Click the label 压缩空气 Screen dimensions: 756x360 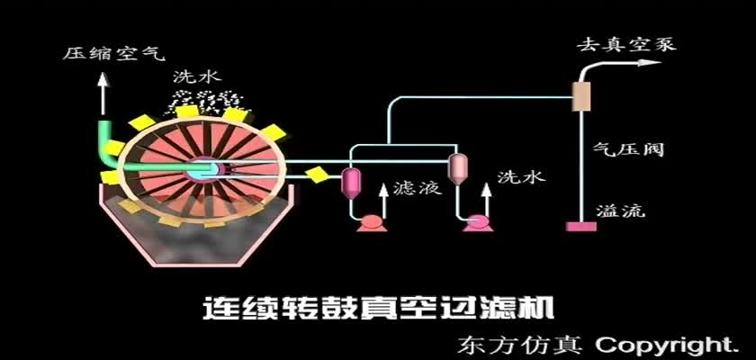point(113,52)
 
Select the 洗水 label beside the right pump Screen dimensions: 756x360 point(521,177)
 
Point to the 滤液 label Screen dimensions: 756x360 point(418,187)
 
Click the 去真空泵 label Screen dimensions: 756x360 point(626,44)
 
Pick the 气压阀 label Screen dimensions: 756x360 point(629,148)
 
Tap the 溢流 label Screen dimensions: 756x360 point(621,211)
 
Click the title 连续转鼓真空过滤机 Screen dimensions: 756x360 point(378,309)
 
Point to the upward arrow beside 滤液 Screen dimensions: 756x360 point(383,202)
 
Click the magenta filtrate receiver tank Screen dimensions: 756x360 point(351,182)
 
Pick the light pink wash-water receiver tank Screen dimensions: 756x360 point(456,169)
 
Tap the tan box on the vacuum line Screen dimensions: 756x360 point(581,96)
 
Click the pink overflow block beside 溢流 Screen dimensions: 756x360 point(581,226)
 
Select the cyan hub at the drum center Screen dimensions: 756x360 point(206,171)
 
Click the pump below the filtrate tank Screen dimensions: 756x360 point(372,223)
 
